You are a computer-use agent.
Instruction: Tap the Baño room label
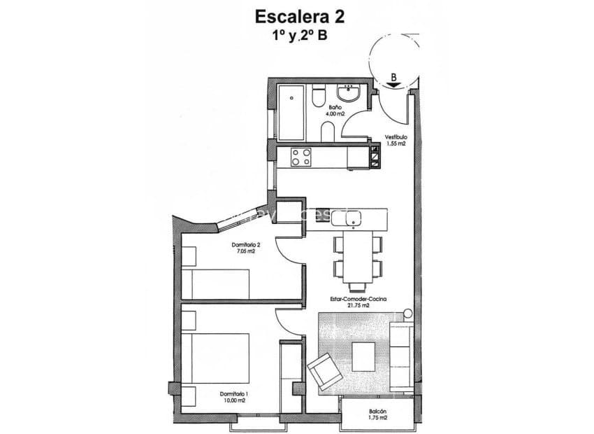tap(335, 107)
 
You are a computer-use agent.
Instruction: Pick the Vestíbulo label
tap(396, 137)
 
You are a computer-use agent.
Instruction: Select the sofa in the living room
tap(400, 356)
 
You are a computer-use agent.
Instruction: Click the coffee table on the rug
tap(365, 356)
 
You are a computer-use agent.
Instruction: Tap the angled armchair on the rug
tap(324, 372)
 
